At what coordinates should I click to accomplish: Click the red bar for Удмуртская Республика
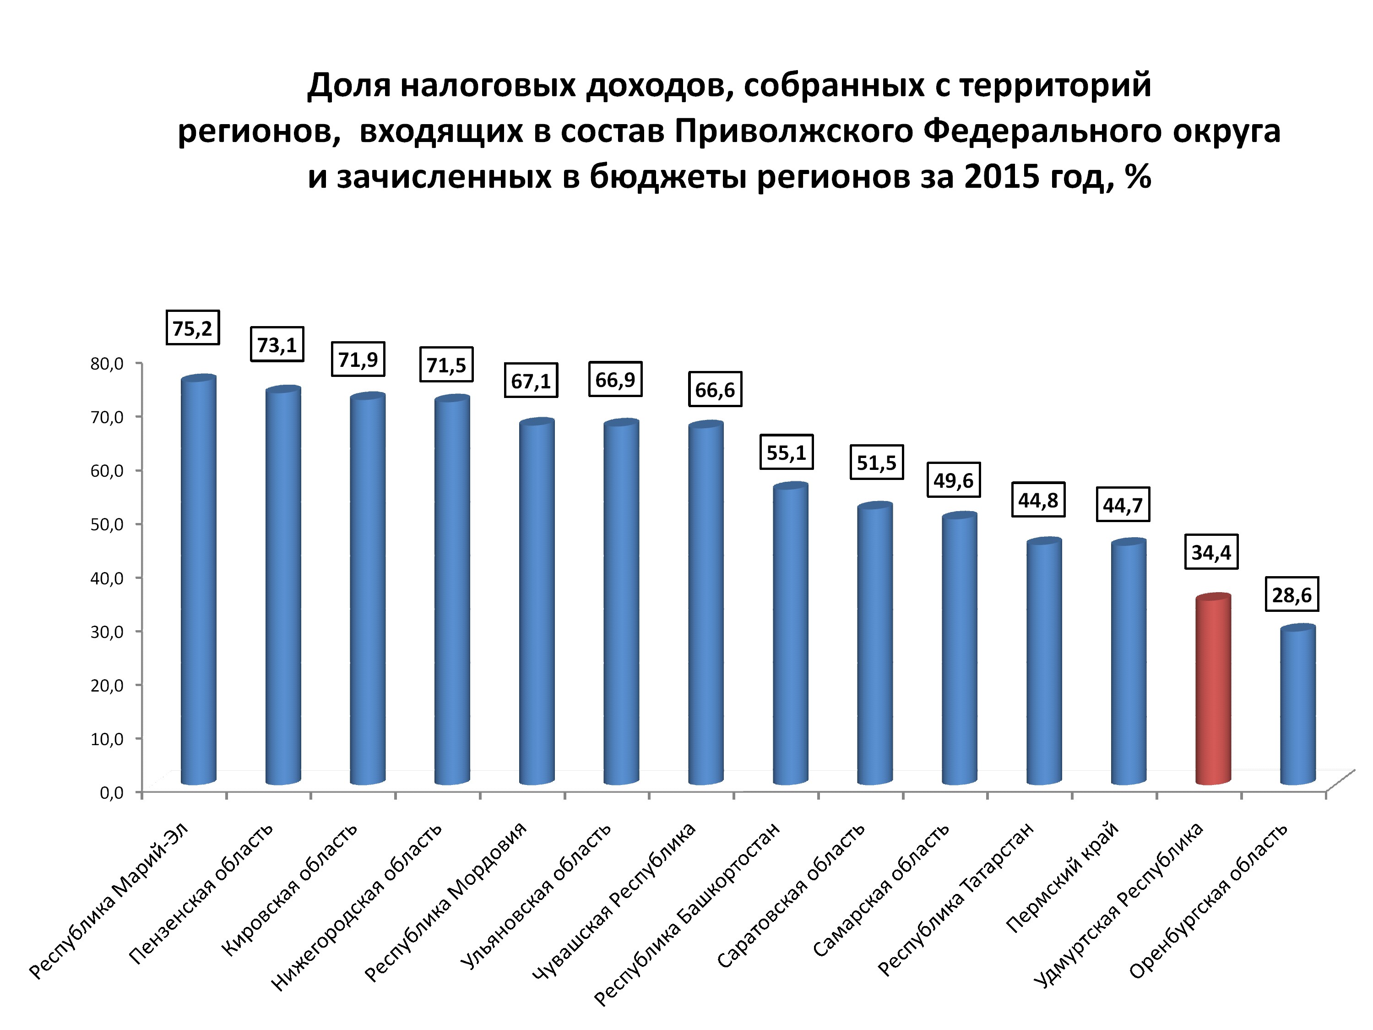pos(1213,689)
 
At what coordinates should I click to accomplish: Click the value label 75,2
pos(192,327)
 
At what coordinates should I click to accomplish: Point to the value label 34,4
pos(1211,551)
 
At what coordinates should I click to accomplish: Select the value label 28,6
pos(1292,595)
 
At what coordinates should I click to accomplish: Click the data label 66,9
pos(615,379)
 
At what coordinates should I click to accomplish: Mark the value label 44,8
pos(1038,499)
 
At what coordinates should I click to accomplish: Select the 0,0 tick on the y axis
pos(112,793)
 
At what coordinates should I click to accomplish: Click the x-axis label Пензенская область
pos(201,894)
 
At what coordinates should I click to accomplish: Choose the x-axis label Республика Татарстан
pos(956,899)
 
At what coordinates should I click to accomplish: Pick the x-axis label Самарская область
pos(881,890)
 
